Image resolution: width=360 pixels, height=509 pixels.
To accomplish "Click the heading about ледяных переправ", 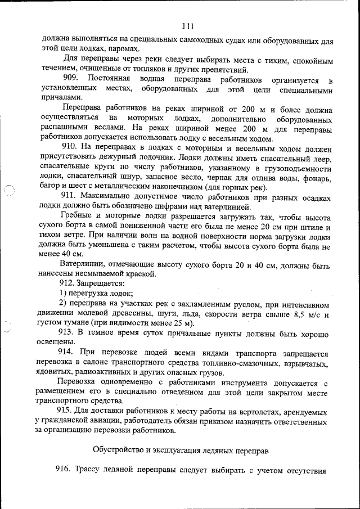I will [180, 449].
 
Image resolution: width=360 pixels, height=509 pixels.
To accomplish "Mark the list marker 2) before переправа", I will [64, 305].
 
